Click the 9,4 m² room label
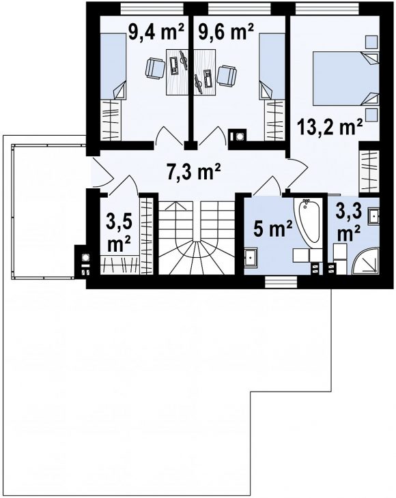(x=156, y=31)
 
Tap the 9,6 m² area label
(x=225, y=31)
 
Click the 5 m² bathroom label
(x=272, y=229)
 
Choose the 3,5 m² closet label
(x=119, y=235)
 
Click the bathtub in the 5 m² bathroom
(x=307, y=222)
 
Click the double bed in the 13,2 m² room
(x=346, y=78)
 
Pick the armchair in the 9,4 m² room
(x=155, y=68)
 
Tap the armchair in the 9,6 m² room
(x=227, y=76)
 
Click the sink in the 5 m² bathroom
(x=251, y=257)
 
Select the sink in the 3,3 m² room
(x=373, y=217)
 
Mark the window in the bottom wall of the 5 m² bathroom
(x=281, y=282)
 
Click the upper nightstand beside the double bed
(x=371, y=42)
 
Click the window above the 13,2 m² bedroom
(x=328, y=8)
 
